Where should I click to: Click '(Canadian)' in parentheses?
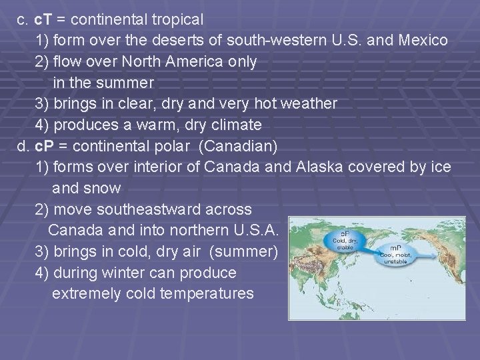(x=238, y=145)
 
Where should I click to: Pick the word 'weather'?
(x=307, y=104)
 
